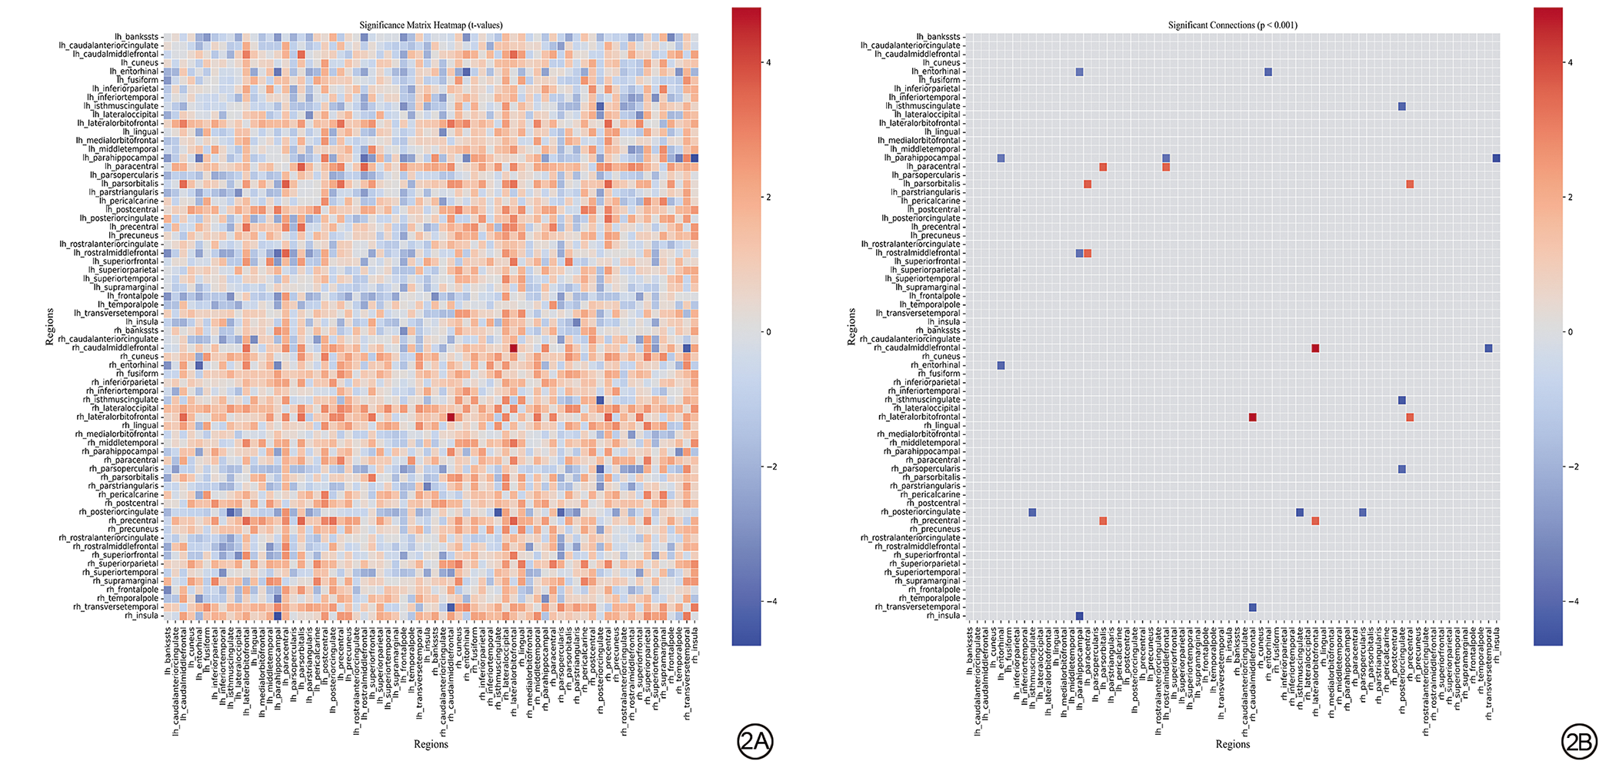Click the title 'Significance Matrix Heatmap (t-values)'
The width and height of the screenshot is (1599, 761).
[431, 25]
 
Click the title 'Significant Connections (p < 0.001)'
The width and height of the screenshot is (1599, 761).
[1232, 25]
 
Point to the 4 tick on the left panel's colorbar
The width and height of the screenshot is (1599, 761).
[771, 62]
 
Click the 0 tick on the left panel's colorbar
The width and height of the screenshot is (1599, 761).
[771, 332]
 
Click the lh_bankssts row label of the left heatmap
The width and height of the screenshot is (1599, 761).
[137, 37]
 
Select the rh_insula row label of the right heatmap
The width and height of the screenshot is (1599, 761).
[943, 616]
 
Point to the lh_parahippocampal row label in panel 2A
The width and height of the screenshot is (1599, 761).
[121, 158]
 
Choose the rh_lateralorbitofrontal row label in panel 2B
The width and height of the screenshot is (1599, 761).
[919, 417]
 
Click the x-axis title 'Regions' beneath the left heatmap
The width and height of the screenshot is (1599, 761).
[431, 744]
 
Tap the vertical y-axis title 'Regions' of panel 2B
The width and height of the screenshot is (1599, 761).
[851, 327]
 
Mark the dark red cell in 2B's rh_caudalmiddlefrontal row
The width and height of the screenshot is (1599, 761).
[1315, 348]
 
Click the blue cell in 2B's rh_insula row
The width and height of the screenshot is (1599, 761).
[1079, 616]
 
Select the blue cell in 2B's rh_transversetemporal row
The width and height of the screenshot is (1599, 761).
[1252, 607]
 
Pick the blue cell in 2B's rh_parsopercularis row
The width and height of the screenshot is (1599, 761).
[1401, 469]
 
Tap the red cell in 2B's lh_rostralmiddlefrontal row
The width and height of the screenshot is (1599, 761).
[1088, 253]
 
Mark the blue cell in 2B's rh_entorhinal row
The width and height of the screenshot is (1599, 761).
[1001, 365]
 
